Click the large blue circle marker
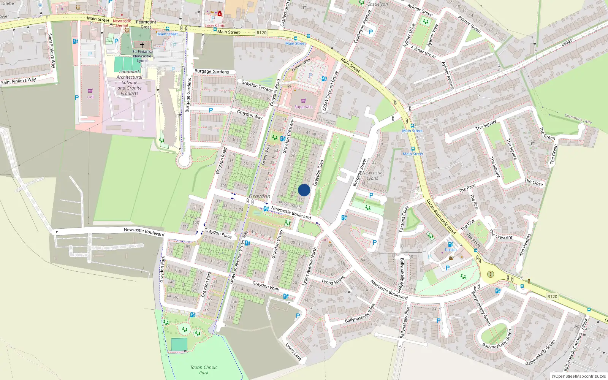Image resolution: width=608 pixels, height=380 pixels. click(304, 190)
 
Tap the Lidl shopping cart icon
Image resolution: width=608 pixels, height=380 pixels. click(90, 91)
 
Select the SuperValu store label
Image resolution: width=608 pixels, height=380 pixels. click(303, 107)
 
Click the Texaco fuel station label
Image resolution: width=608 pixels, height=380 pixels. click(451, 250)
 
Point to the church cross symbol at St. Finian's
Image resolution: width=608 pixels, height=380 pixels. click(142, 45)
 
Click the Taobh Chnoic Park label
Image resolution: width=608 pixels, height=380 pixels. click(204, 370)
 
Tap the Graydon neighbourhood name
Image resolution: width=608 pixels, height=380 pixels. click(260, 196)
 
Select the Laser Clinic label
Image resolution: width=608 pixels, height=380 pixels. click(215, 25)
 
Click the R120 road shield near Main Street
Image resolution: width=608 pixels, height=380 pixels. click(261, 33)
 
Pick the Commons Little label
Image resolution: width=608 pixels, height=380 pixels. click(578, 119)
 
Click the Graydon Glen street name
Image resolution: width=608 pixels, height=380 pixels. click(318, 173)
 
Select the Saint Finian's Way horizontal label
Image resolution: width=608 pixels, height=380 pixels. click(18, 81)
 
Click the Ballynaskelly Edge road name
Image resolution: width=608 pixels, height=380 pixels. click(360, 313)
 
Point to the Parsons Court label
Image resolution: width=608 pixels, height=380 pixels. click(404, 219)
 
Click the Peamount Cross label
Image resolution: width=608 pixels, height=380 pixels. click(146, 24)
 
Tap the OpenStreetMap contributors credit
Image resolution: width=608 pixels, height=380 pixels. click(579, 376)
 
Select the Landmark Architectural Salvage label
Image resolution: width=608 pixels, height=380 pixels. click(130, 82)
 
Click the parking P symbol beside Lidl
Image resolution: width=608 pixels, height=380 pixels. click(77, 98)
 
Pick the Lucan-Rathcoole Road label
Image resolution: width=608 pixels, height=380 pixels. click(441, 217)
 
